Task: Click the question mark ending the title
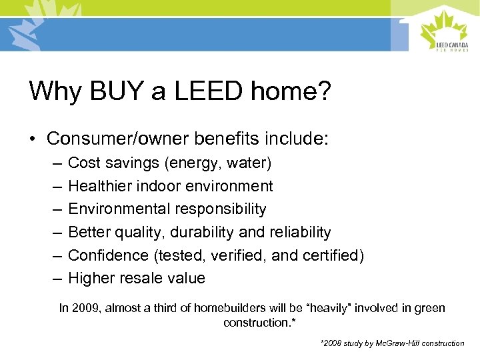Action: [323, 91]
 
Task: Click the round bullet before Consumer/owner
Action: [33, 139]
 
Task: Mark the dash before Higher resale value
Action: [54, 278]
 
